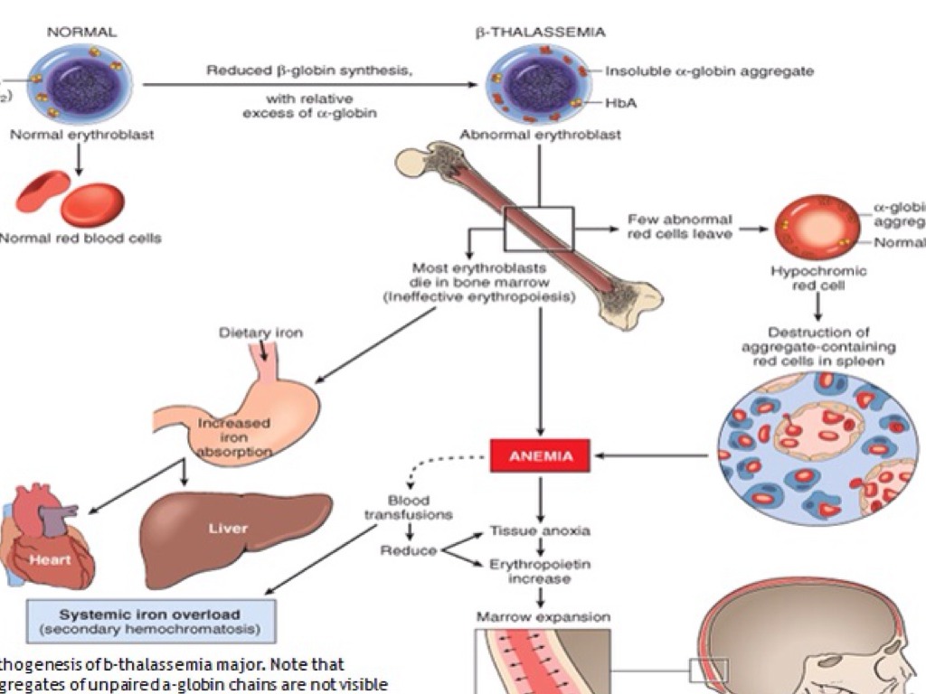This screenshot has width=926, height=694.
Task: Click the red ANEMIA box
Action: (540, 456)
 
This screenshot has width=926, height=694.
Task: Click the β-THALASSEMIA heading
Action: (540, 32)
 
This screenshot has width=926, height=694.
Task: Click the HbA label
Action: (620, 103)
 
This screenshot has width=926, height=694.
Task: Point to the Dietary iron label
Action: (260, 333)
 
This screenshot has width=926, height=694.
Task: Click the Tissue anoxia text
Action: (540, 530)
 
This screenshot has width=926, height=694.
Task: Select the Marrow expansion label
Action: (543, 618)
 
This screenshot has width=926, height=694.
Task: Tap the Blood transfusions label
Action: (408, 507)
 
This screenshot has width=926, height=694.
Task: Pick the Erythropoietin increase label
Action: (540, 570)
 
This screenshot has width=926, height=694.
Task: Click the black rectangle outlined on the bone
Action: (539, 229)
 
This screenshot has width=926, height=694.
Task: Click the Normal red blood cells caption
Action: (80, 239)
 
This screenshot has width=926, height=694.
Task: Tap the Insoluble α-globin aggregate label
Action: (709, 70)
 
